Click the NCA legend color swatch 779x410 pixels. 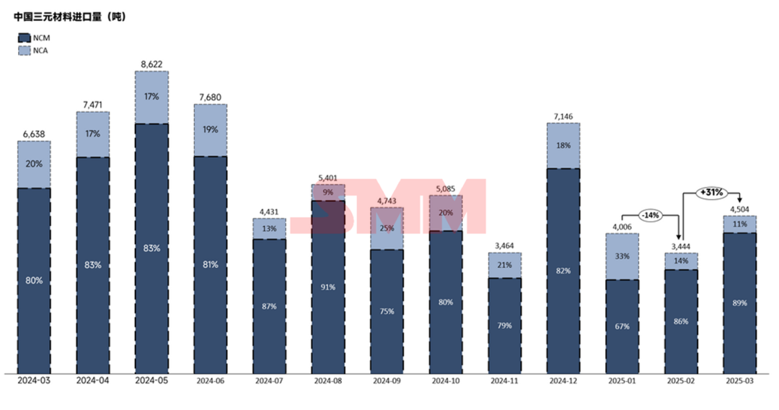point(22,51)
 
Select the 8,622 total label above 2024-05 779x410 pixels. point(151,64)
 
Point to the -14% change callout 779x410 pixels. point(651,215)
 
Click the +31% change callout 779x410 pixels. point(710,193)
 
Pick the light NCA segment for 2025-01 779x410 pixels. point(622,256)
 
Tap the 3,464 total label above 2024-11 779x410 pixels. point(505,246)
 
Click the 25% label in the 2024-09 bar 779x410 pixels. point(387,228)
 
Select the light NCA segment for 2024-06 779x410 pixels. point(211,130)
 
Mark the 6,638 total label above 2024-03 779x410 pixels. point(34,134)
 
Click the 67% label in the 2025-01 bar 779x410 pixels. point(622,326)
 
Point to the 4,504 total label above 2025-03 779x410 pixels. point(739,210)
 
